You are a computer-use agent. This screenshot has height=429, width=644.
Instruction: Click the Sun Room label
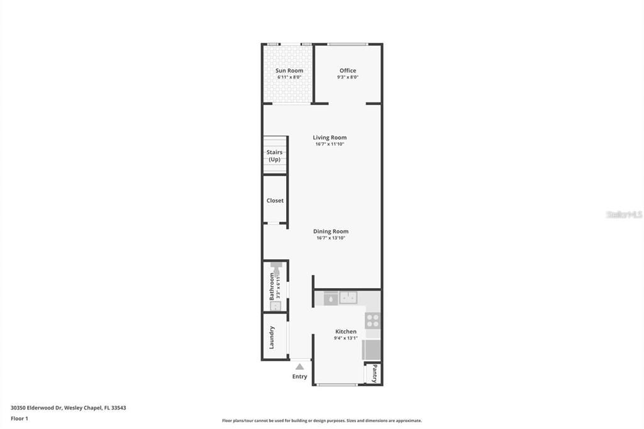click(289, 70)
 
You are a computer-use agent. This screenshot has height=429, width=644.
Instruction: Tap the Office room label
click(348, 70)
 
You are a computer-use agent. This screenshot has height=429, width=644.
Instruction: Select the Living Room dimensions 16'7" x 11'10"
click(330, 144)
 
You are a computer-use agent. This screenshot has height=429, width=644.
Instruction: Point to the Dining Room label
click(331, 231)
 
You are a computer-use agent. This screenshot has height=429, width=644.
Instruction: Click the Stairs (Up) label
click(274, 155)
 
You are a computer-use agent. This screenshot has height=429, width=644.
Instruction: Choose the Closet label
click(275, 201)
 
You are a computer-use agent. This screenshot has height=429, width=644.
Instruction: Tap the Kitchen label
click(346, 331)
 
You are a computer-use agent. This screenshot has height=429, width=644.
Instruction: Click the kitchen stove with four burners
click(373, 320)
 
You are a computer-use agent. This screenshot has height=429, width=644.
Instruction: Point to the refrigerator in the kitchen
click(372, 349)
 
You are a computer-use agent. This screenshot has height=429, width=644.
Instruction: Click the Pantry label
click(374, 373)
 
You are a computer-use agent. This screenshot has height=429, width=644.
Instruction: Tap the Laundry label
click(272, 337)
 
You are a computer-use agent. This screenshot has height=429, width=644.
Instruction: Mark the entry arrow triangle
click(300, 366)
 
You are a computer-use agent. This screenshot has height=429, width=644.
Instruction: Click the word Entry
click(300, 377)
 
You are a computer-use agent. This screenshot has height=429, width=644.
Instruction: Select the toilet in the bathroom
click(275, 270)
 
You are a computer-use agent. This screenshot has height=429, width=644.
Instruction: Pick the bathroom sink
click(275, 306)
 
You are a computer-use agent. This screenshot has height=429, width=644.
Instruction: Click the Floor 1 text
click(19, 418)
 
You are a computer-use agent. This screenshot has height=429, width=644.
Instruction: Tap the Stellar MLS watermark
click(624, 214)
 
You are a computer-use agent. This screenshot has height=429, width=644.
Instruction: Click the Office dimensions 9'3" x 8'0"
click(348, 77)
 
